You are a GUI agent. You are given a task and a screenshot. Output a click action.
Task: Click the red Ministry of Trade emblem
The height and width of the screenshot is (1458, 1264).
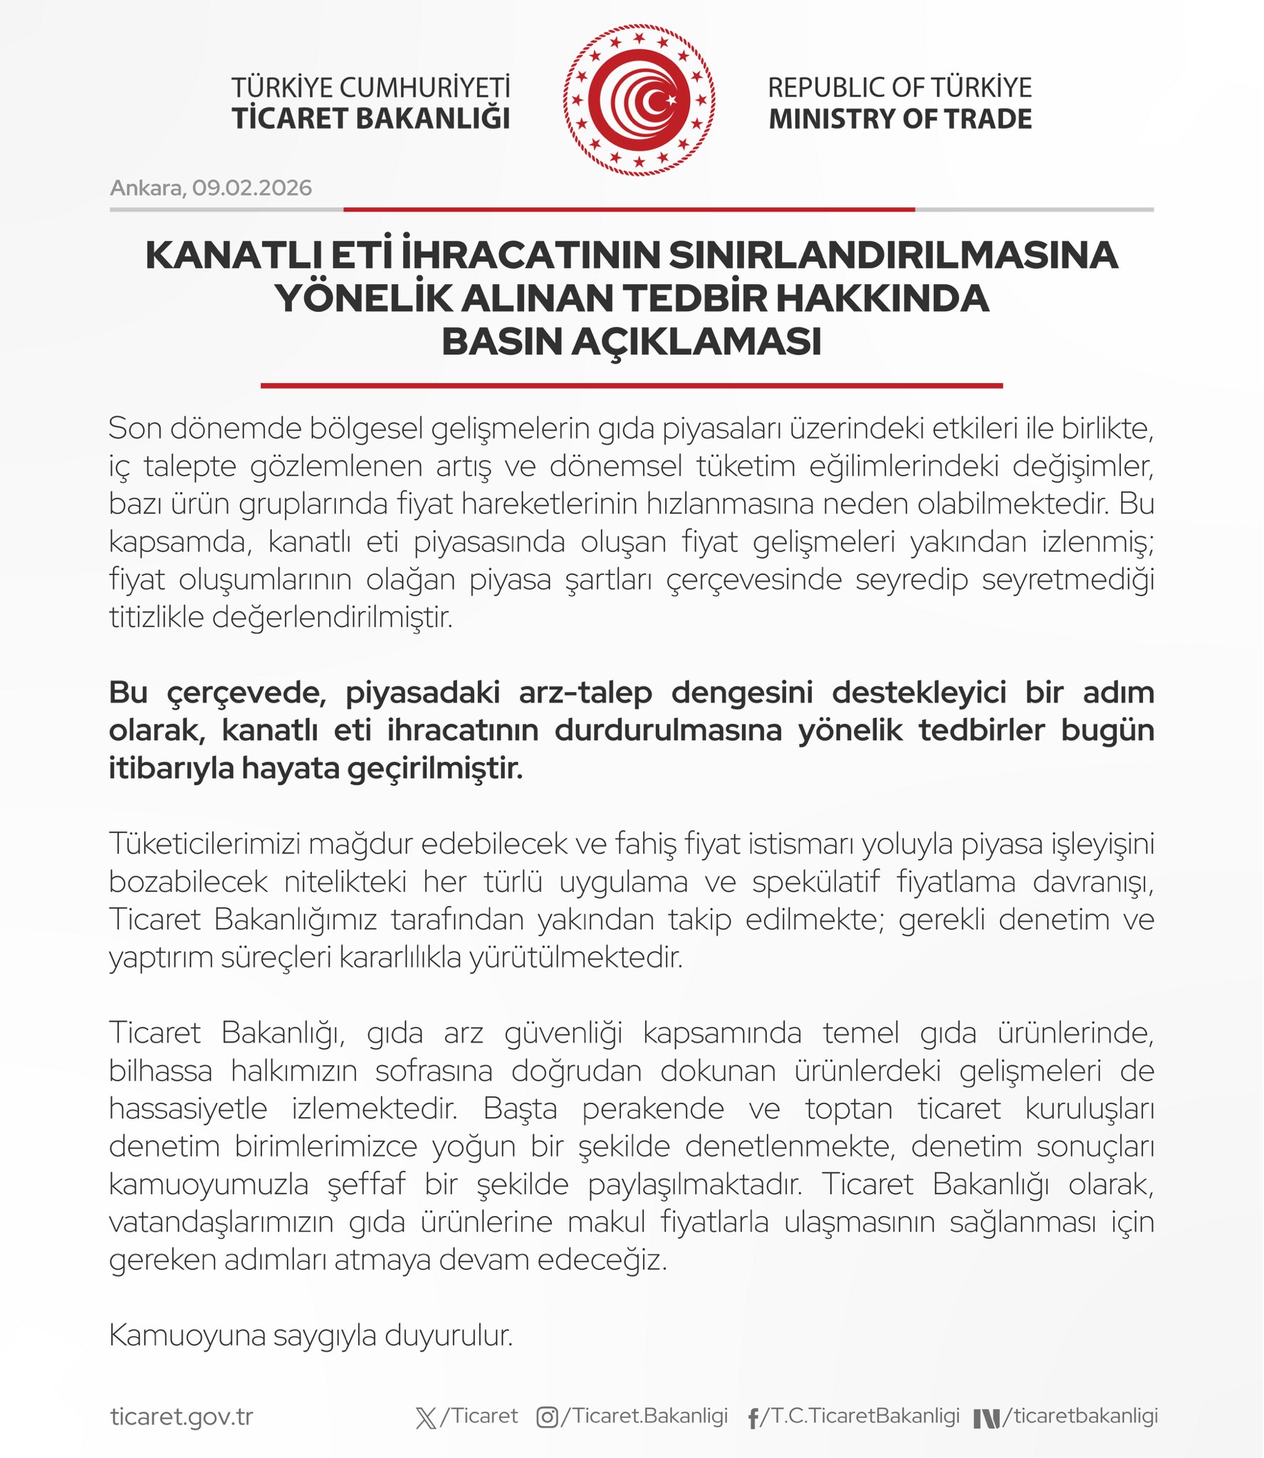(x=639, y=100)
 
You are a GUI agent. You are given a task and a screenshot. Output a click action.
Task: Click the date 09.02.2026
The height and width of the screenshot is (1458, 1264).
(x=251, y=188)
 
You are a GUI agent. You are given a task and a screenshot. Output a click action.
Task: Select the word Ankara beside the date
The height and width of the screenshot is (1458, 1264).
(x=146, y=188)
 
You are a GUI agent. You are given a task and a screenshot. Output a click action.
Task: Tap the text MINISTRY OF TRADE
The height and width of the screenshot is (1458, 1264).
(x=900, y=119)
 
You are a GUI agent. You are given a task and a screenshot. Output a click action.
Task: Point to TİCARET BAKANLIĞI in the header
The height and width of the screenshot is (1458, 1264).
(x=371, y=119)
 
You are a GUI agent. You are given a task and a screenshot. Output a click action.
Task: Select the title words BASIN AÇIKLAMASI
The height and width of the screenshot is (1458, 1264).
(x=632, y=342)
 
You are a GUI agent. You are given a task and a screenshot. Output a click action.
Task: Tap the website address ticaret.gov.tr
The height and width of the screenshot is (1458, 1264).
(x=182, y=1416)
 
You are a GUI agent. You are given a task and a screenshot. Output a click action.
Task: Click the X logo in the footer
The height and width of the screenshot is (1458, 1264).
(x=425, y=1417)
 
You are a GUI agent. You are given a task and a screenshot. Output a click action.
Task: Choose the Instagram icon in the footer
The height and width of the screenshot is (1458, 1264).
(x=547, y=1417)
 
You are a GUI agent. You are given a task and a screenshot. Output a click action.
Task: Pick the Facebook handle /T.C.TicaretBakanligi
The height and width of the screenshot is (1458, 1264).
(x=860, y=1415)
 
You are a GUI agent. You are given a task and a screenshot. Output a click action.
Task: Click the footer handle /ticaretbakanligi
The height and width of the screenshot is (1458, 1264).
(x=1080, y=1415)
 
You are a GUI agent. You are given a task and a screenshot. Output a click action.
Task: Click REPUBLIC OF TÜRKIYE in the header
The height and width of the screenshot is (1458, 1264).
(x=899, y=88)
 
